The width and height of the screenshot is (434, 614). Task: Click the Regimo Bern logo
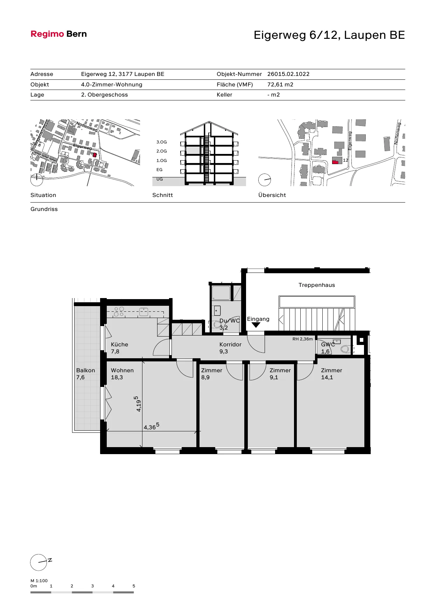pos(59,34)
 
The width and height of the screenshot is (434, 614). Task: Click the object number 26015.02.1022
pos(288,74)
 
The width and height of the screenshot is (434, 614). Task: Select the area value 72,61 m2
pos(280,84)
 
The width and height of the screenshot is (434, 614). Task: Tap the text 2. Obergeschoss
pos(104,95)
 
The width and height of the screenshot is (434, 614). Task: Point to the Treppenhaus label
pos(317,285)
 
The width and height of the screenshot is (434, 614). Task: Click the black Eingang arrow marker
pos(256,325)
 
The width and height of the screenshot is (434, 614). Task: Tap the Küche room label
pos(119,345)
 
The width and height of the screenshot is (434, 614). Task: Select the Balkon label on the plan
pos(85,370)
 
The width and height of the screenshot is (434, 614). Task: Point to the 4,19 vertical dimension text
pos(138,404)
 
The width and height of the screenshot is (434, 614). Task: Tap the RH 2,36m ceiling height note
pos(303,339)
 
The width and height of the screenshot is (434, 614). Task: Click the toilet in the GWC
pos(345,349)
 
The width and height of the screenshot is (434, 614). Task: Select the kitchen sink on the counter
pos(144,312)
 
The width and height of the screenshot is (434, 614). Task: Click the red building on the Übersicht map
pos(335,161)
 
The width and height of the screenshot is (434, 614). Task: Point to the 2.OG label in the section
pos(162,151)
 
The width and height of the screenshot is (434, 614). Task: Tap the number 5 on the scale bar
pos(134,586)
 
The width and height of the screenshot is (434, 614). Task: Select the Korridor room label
pos(230,345)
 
